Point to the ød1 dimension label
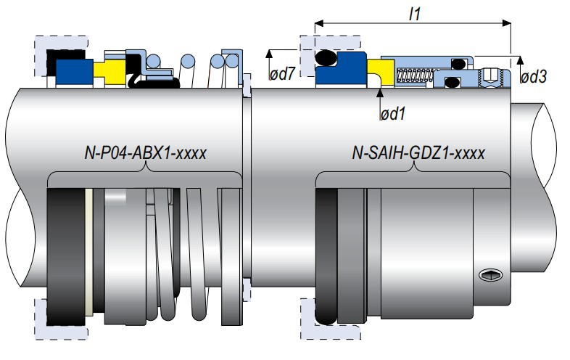392,114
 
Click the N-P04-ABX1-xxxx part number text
145,153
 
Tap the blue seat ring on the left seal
70,70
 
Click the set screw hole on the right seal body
488,274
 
